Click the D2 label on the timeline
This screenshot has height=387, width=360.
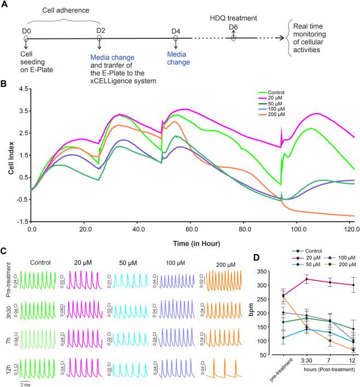(100, 31)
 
